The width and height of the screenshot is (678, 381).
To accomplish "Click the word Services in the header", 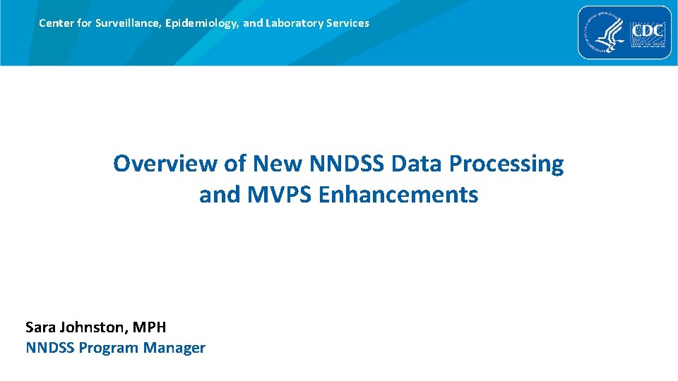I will (346, 23).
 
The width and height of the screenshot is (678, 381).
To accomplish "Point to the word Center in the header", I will (55, 23).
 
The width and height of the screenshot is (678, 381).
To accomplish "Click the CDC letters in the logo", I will (648, 32).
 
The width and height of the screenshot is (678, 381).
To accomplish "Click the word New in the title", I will (278, 164).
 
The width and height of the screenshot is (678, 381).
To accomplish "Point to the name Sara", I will (42, 327).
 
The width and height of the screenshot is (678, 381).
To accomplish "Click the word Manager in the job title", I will (174, 348).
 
